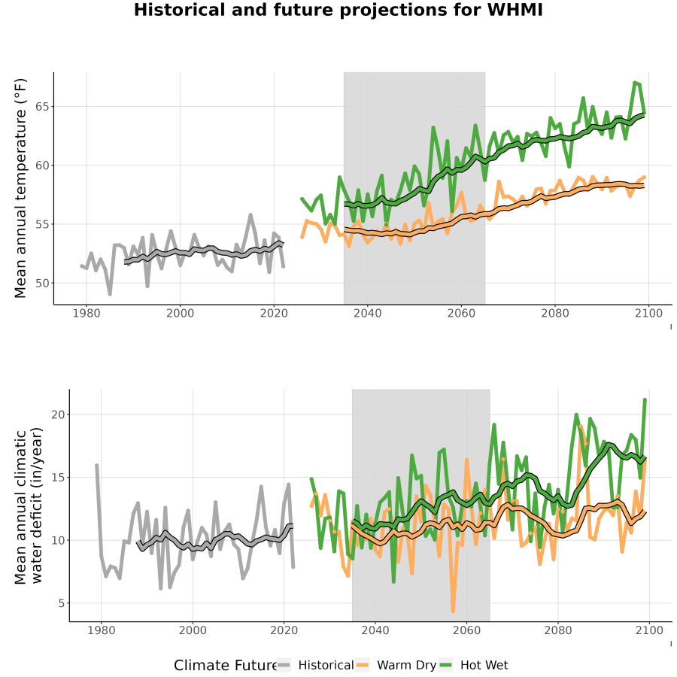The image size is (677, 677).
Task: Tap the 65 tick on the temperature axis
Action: pos(42,107)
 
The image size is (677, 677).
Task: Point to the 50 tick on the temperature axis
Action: pos(42,284)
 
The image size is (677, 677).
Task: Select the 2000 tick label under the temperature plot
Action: pos(180,313)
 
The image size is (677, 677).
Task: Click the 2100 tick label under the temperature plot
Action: pos(648,313)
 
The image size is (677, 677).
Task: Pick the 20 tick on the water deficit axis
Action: pos(58,414)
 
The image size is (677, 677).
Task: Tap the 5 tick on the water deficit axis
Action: pos(62,603)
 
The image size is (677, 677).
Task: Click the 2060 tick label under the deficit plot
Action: pos(466,630)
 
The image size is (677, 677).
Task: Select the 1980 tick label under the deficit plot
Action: pos(102,630)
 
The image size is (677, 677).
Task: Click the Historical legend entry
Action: pos(315,666)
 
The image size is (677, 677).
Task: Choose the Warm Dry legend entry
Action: pos(396,666)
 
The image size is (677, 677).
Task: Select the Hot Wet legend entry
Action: pos(474,666)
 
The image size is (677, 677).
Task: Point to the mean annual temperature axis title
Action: pos(20,188)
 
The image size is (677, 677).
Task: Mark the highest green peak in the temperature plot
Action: pos(635,83)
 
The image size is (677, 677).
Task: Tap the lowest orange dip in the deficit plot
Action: pos(453,611)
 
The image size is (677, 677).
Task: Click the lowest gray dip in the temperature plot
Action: pos(110,293)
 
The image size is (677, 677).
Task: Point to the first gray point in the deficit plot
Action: pos(97,466)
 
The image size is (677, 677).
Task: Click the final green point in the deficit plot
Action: pos(645,400)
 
